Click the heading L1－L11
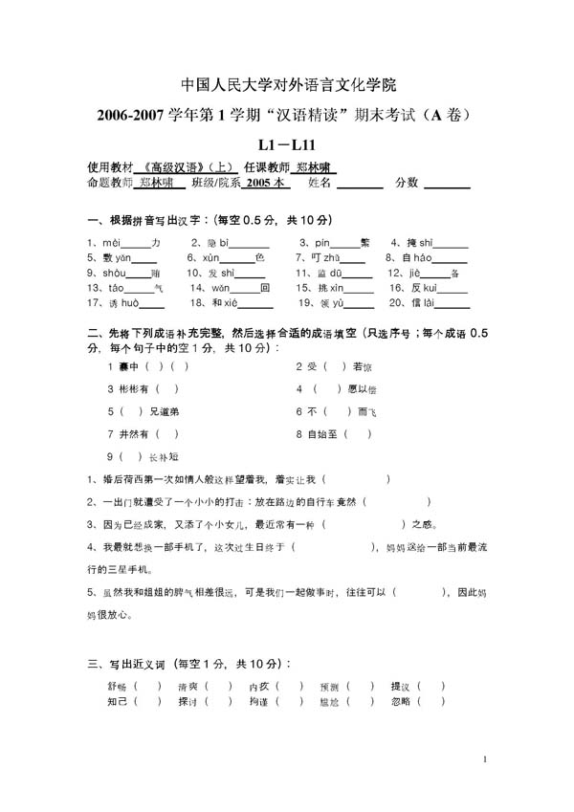287,145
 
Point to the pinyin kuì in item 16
426,288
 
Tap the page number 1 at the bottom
486,761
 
